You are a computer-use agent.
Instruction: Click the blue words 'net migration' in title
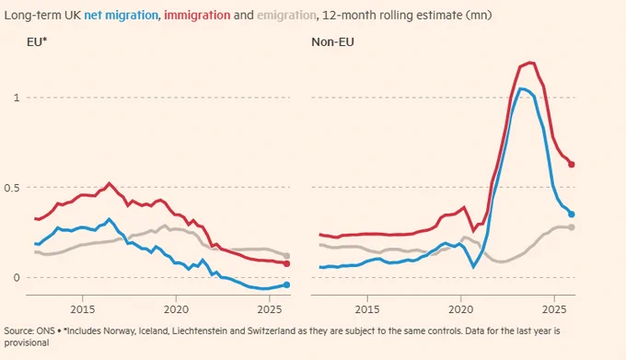tap(121, 16)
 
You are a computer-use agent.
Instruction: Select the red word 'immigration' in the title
tap(197, 16)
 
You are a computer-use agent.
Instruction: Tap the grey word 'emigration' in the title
tap(286, 16)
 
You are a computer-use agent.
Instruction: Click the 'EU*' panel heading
tap(37, 42)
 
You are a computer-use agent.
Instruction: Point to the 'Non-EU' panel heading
tap(332, 42)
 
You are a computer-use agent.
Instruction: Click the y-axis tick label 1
tap(17, 98)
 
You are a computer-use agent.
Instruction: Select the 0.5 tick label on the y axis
tap(12, 188)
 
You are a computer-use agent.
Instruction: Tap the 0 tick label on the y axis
tap(17, 277)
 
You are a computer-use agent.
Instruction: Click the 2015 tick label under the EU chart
tap(83, 309)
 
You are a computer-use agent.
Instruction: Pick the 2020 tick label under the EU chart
tap(176, 309)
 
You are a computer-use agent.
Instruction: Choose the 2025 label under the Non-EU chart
tap(554, 309)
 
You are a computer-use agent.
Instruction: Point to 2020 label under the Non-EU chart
tap(460, 309)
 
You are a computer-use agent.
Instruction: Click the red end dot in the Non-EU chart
tap(572, 165)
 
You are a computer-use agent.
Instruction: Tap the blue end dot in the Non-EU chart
tap(572, 215)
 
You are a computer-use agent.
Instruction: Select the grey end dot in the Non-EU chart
tap(572, 227)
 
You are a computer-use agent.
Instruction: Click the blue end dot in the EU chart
tap(286, 285)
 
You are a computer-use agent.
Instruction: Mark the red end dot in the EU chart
tap(286, 264)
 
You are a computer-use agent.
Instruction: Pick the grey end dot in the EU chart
tap(286, 256)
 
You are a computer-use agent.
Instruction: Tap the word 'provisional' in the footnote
tap(27, 343)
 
